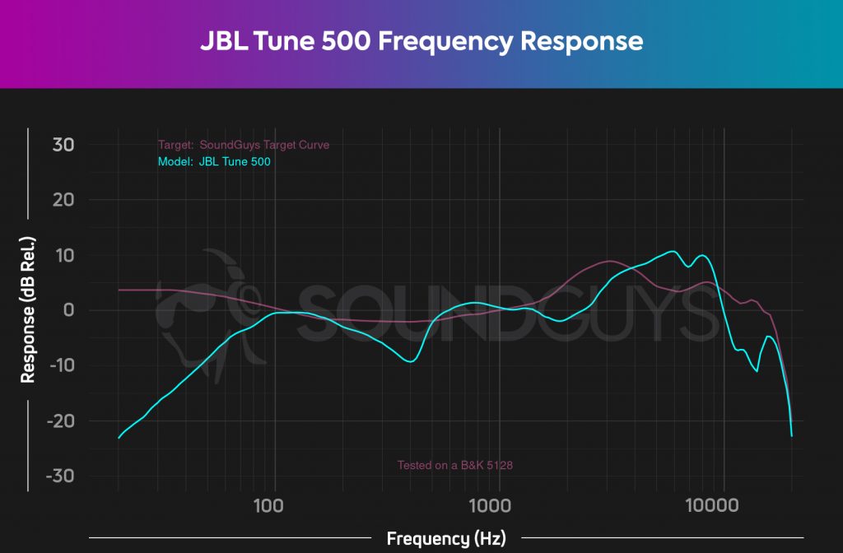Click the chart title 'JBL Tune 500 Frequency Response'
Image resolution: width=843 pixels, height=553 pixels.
(x=421, y=41)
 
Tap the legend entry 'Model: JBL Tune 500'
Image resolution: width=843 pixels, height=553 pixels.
(x=214, y=162)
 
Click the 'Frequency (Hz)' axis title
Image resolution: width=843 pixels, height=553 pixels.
(x=445, y=539)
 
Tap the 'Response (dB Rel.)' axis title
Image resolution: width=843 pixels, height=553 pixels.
(x=28, y=309)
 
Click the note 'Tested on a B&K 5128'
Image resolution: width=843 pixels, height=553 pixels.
(x=456, y=466)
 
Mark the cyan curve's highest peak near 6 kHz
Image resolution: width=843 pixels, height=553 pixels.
(x=673, y=251)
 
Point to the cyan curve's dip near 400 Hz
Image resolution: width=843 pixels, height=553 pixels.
(x=410, y=361)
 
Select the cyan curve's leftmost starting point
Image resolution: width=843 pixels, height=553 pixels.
(x=119, y=438)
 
